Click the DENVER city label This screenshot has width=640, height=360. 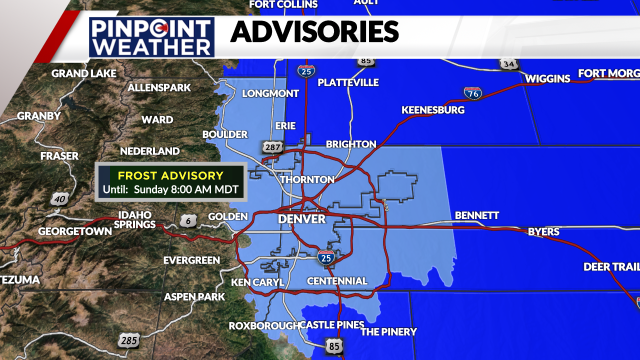(x=301, y=219)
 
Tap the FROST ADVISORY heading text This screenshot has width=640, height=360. (x=170, y=175)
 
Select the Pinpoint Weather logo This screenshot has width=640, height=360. (x=152, y=37)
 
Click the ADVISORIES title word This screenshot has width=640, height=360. (x=314, y=32)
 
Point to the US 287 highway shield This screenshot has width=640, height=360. (x=272, y=147)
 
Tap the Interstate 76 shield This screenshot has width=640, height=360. (x=472, y=93)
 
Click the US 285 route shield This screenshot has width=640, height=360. (x=128, y=341)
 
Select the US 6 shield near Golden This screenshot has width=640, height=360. (x=188, y=220)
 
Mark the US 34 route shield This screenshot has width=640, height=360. (x=508, y=64)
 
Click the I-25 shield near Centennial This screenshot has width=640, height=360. (x=326, y=257)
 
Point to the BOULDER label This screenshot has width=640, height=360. (x=225, y=134)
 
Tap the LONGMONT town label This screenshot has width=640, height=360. (x=270, y=93)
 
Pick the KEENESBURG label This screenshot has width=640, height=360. (x=433, y=110)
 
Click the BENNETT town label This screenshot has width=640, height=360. (x=477, y=215)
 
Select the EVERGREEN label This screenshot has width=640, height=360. (x=191, y=260)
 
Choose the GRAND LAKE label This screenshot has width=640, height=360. (x=84, y=74)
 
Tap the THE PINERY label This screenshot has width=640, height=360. (x=388, y=332)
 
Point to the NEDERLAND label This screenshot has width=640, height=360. (x=150, y=151)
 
